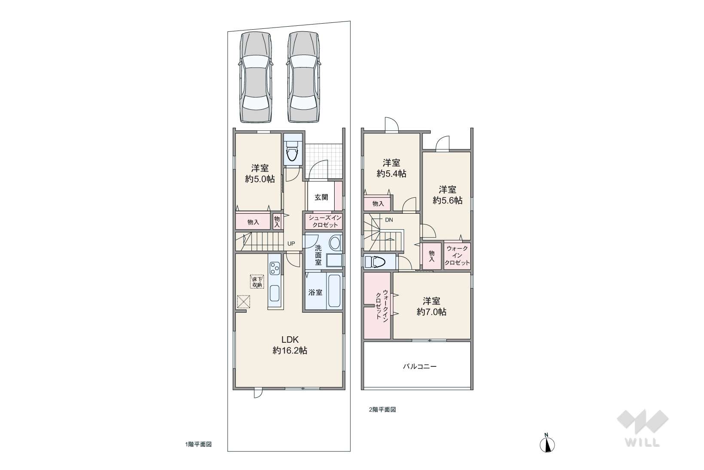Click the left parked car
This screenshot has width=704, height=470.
click(x=256, y=77)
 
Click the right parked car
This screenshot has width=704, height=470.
click(x=304, y=77)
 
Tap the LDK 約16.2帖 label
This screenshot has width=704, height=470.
click(x=290, y=345)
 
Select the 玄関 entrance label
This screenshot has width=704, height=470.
click(x=321, y=197)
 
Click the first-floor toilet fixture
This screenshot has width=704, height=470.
click(x=292, y=151)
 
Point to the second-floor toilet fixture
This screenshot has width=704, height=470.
click(x=375, y=262)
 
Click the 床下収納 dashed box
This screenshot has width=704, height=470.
click(x=257, y=282)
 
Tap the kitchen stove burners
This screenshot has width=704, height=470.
click(x=275, y=268)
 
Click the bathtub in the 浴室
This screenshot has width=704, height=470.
click(x=335, y=291)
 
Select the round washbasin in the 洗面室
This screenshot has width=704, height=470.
click(x=335, y=243)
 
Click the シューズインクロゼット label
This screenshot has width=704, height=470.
click(x=325, y=221)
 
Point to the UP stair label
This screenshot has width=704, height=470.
click(x=291, y=243)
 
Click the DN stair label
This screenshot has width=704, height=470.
click(x=389, y=220)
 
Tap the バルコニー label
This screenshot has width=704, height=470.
click(x=420, y=366)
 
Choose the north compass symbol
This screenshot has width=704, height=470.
click(x=547, y=443)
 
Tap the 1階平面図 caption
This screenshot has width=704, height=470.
click(x=198, y=445)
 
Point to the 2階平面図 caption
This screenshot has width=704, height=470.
click(x=382, y=410)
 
